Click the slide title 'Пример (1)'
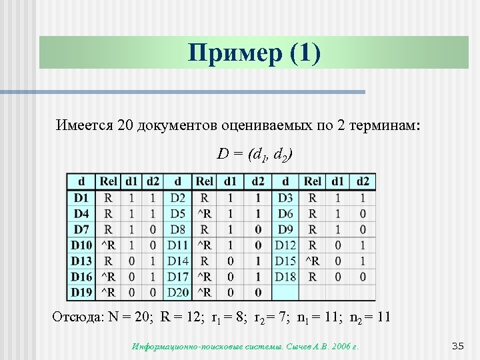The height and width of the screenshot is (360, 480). (x=254, y=52)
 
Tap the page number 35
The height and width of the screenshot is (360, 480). (x=457, y=345)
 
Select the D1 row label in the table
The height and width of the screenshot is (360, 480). (x=81, y=198)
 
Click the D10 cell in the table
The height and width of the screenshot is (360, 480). (x=82, y=245)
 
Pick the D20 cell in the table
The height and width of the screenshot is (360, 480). (x=178, y=293)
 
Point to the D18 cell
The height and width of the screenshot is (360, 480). (x=285, y=277)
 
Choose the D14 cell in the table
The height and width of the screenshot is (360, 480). (x=178, y=261)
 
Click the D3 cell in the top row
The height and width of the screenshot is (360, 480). (x=285, y=198)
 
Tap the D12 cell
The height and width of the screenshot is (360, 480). (x=285, y=245)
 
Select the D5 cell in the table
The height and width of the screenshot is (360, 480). (x=178, y=213)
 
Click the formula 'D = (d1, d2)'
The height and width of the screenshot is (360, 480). (x=254, y=155)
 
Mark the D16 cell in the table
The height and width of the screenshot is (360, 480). (x=82, y=277)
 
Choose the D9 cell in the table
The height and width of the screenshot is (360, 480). (x=285, y=229)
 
